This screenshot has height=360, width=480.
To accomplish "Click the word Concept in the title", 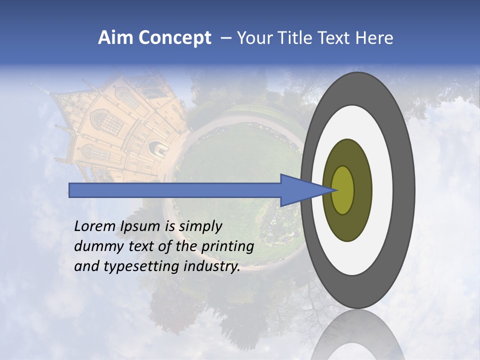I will coord(175,38).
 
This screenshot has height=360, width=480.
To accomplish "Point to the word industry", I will coord(212,266).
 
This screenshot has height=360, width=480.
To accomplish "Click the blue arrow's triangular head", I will coord(300,190).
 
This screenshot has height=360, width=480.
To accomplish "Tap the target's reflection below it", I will coord(358,335).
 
